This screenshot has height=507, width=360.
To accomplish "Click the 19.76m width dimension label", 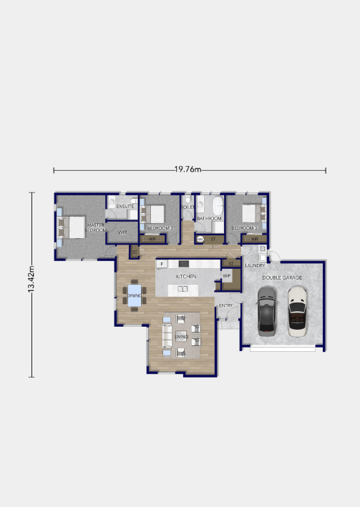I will point(188,169).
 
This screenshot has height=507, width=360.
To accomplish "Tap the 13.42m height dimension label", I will point(31,283).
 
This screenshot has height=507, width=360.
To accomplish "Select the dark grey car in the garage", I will point(267,310).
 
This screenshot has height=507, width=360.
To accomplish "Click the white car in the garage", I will point(297,310).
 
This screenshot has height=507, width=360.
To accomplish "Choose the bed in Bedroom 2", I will point(155,213).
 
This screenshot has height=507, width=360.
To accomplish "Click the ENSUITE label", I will point(125,207).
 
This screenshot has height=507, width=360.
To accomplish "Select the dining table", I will point(134,295).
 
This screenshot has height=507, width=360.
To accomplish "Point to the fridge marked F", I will point(162,264).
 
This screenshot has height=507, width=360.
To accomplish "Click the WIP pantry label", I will point(227,275).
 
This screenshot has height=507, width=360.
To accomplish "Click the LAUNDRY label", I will point(255,265).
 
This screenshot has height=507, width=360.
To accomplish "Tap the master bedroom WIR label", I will point(122,232).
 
